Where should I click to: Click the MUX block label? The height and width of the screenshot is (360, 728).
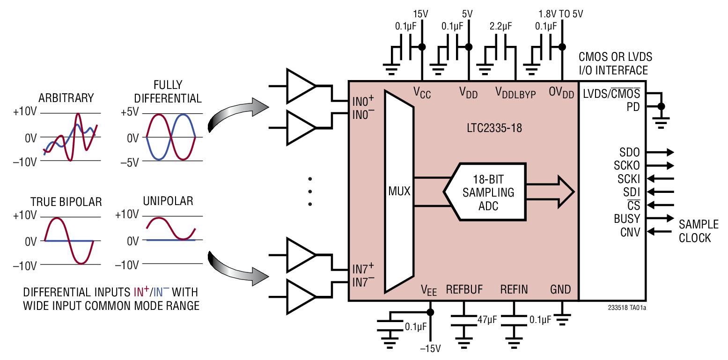click(x=399, y=191)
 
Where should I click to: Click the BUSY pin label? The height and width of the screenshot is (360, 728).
click(x=626, y=219)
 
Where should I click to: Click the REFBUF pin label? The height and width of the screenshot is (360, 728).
click(x=464, y=289)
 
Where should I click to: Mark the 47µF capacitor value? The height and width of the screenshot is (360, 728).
click(x=487, y=320)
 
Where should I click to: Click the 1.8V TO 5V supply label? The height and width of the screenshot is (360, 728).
click(x=560, y=14)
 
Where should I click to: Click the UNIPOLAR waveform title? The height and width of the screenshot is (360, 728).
click(x=168, y=201)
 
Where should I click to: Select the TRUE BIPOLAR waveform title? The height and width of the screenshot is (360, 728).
click(x=66, y=202)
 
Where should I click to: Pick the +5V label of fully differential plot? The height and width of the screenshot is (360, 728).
click(x=130, y=113)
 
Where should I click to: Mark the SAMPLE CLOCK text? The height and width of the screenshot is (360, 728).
click(x=695, y=231)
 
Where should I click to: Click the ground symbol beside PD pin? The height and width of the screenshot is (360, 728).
click(x=661, y=123)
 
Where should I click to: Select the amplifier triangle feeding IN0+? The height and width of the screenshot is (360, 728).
click(x=300, y=86)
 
